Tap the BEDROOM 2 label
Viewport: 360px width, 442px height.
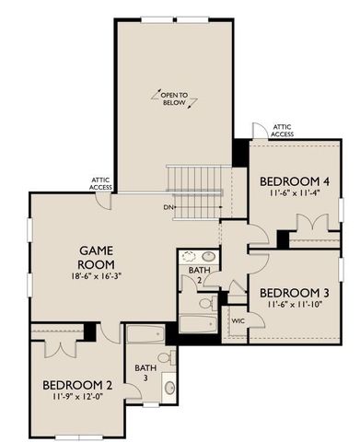tap(76, 386)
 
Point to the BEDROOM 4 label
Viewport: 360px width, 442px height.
tap(295, 180)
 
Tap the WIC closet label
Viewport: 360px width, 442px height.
tap(238, 321)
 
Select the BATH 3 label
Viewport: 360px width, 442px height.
tap(145, 372)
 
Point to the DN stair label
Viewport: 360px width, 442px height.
tap(169, 206)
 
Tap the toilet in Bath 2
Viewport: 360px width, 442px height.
tap(206, 302)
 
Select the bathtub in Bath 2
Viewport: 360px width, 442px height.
tap(197, 324)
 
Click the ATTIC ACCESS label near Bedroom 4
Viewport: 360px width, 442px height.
tap(281, 129)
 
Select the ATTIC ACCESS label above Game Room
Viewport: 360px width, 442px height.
tap(101, 183)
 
